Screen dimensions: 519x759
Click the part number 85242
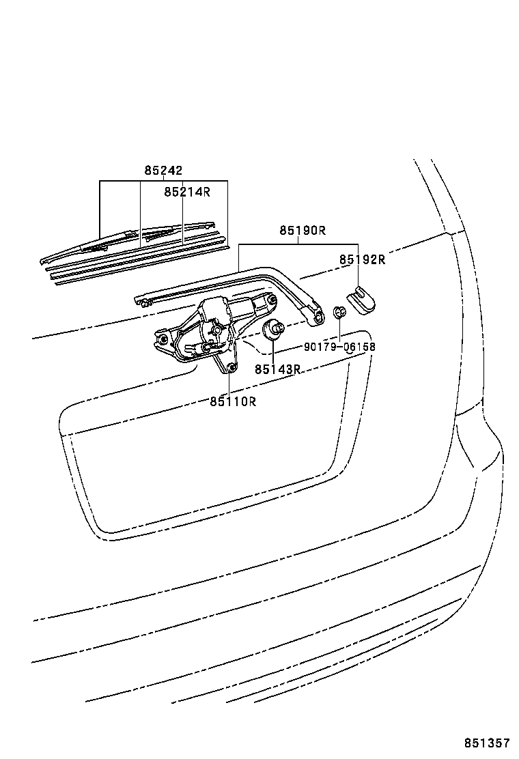point(163,171)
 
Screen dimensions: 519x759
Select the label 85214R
point(187,192)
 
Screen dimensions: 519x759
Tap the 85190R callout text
point(303,231)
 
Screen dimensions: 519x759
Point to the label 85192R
point(362,259)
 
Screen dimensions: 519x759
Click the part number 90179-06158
point(340,347)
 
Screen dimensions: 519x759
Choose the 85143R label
point(278,369)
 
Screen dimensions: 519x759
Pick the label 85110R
point(233,401)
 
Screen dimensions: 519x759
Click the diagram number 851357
point(488,743)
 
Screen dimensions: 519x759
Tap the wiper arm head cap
point(362,300)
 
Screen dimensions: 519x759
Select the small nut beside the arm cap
point(340,311)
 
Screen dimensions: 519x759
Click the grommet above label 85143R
point(272,329)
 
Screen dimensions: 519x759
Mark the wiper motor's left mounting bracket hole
point(163,338)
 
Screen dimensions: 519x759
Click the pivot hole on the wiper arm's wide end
point(319,317)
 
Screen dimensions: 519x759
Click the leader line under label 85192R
point(359,276)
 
